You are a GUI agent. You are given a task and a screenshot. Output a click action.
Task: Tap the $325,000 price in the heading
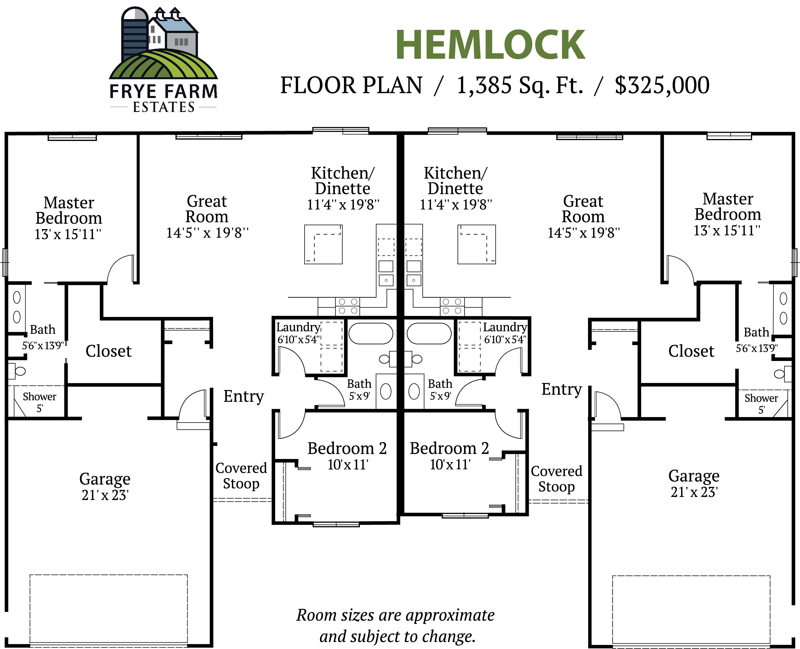coord(662,85)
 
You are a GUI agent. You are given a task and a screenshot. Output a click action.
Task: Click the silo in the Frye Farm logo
coord(135,36)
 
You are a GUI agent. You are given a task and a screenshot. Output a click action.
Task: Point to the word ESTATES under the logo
coord(163,107)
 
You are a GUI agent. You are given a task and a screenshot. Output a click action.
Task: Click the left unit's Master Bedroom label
coord(68,210)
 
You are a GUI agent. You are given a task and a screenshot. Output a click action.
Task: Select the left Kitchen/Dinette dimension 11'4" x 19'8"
coord(343,205)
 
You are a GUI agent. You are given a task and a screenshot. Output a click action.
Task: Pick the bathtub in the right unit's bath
coord(429,333)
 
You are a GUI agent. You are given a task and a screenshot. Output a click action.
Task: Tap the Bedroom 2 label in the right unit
coord(449,448)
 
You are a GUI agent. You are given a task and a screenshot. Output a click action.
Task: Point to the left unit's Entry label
coord(244,396)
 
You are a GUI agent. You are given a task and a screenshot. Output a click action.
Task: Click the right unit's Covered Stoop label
coord(556,479)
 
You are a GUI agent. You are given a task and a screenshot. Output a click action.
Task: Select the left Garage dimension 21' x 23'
coord(105,495)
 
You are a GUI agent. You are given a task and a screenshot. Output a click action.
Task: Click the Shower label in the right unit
coord(761,398)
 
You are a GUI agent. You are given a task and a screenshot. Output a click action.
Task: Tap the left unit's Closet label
coord(108,351)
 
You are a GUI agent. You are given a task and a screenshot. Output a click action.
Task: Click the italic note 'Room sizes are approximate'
coord(395,615)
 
